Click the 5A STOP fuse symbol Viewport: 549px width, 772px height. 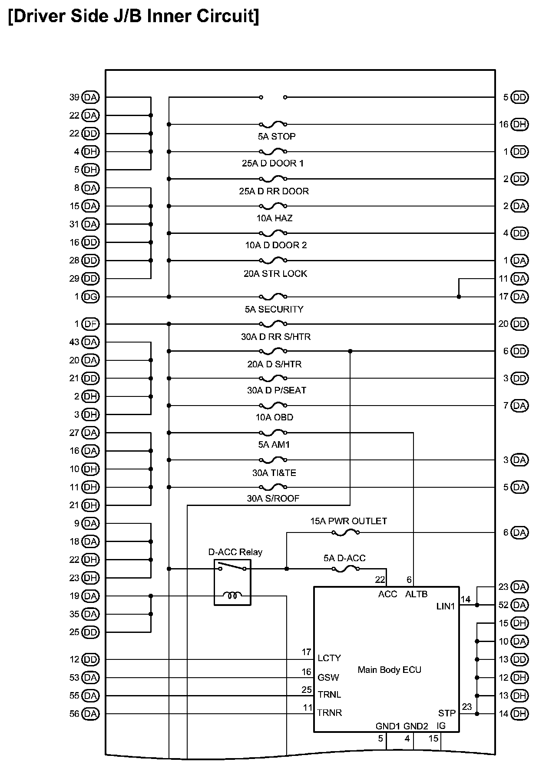(x=273, y=125)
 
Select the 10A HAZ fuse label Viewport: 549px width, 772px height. (x=274, y=218)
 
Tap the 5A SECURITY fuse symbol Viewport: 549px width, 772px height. (x=273, y=297)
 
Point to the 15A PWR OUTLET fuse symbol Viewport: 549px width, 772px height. (x=345, y=532)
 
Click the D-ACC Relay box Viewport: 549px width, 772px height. (x=232, y=582)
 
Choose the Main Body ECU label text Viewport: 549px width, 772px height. (x=389, y=669)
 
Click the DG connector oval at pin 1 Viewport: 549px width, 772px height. (x=90, y=297)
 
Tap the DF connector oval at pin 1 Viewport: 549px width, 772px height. (x=90, y=324)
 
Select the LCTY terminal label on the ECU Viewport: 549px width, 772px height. (x=329, y=658)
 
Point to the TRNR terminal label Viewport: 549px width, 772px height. (x=329, y=713)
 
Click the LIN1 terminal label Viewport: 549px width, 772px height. (x=445, y=606)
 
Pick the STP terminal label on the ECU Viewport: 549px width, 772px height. (x=446, y=713)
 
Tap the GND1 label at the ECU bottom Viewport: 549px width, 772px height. (x=387, y=726)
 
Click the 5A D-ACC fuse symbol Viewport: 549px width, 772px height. (x=345, y=569)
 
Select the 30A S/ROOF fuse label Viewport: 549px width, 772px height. (x=273, y=499)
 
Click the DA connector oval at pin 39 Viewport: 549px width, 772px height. (x=90, y=97)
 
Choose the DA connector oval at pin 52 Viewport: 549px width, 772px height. (x=519, y=605)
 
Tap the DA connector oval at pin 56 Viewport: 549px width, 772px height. (x=90, y=714)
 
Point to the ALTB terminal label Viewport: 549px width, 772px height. (x=416, y=594)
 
